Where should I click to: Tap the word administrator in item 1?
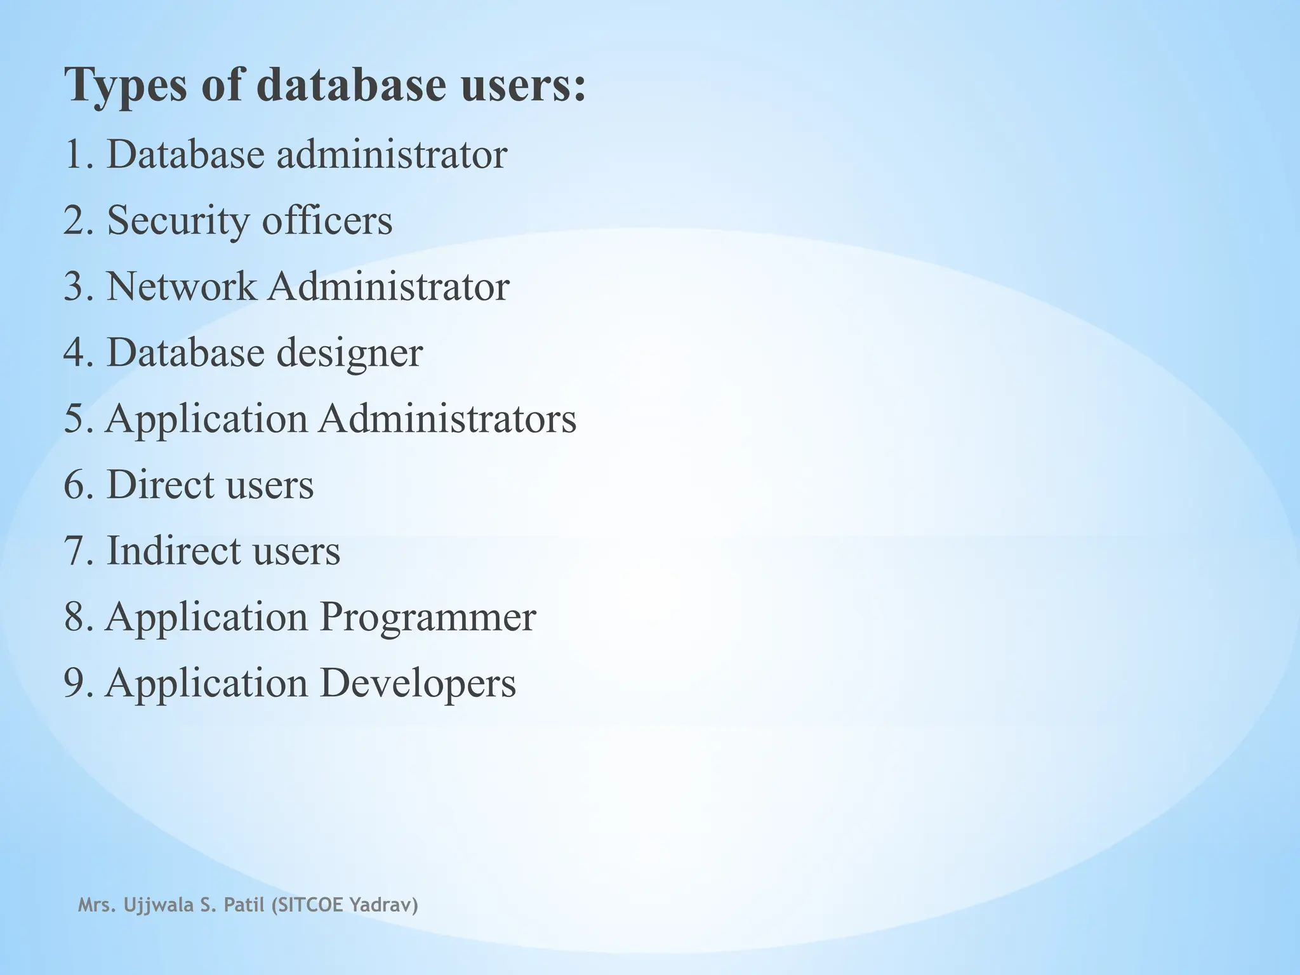click(x=391, y=154)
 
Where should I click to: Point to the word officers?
click(x=327, y=220)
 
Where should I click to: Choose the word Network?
click(x=182, y=286)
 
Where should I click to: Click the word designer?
click(x=350, y=354)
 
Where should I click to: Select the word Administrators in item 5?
click(x=447, y=419)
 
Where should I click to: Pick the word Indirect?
click(x=168, y=550)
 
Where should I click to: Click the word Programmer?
click(x=427, y=616)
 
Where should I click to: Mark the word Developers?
click(x=417, y=683)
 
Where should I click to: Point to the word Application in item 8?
click(x=206, y=618)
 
